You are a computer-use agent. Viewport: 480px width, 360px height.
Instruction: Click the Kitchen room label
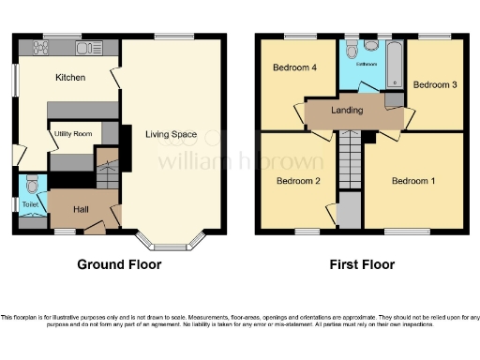click(x=70, y=77)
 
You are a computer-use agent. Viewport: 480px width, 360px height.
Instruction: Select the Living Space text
click(x=170, y=135)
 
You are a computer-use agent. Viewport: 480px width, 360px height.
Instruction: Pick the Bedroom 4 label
click(x=293, y=68)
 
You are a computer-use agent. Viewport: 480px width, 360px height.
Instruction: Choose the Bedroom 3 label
click(x=435, y=84)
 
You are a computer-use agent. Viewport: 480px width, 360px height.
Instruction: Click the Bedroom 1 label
click(x=413, y=181)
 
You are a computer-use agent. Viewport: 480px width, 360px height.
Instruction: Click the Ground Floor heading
click(x=119, y=264)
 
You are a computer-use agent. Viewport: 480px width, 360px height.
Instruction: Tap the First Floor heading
click(x=361, y=264)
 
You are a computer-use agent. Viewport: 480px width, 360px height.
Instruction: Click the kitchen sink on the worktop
click(x=89, y=46)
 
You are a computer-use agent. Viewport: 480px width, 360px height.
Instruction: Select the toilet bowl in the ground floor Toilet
click(x=31, y=184)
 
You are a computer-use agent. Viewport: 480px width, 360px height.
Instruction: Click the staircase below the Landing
click(x=349, y=155)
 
